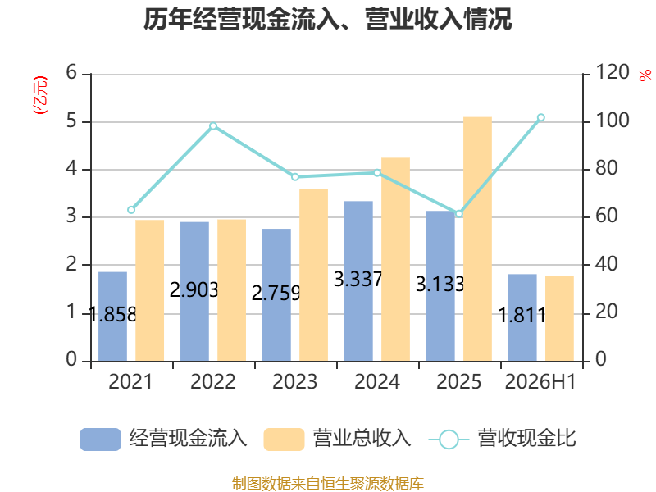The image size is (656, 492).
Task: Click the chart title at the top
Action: click(327, 19)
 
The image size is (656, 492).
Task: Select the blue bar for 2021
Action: click(112, 317)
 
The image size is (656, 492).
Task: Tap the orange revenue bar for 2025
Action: click(477, 239)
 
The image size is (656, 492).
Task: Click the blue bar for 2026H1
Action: click(522, 318)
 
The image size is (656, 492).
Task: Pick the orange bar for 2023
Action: click(313, 276)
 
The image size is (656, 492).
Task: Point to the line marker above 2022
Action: click(213, 126)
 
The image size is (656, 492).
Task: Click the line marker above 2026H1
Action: click(540, 117)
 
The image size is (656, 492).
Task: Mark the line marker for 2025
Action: click(459, 214)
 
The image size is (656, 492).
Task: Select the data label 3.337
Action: click(358, 279)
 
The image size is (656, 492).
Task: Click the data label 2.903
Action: click(194, 289)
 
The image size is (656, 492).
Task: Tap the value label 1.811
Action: click(522, 315)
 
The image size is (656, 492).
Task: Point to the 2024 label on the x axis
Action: click(377, 381)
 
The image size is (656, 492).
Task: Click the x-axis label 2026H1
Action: click(540, 381)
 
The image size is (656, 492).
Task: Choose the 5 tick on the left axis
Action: click(71, 121)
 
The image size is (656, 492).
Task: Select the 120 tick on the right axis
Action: click(612, 72)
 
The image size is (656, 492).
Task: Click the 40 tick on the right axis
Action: click(606, 264)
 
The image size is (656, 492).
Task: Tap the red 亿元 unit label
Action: click(40, 95)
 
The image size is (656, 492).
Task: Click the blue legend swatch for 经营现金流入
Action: click(100, 440)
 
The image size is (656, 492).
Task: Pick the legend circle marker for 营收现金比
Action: click(449, 440)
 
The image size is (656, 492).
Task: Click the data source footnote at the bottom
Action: click(328, 484)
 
